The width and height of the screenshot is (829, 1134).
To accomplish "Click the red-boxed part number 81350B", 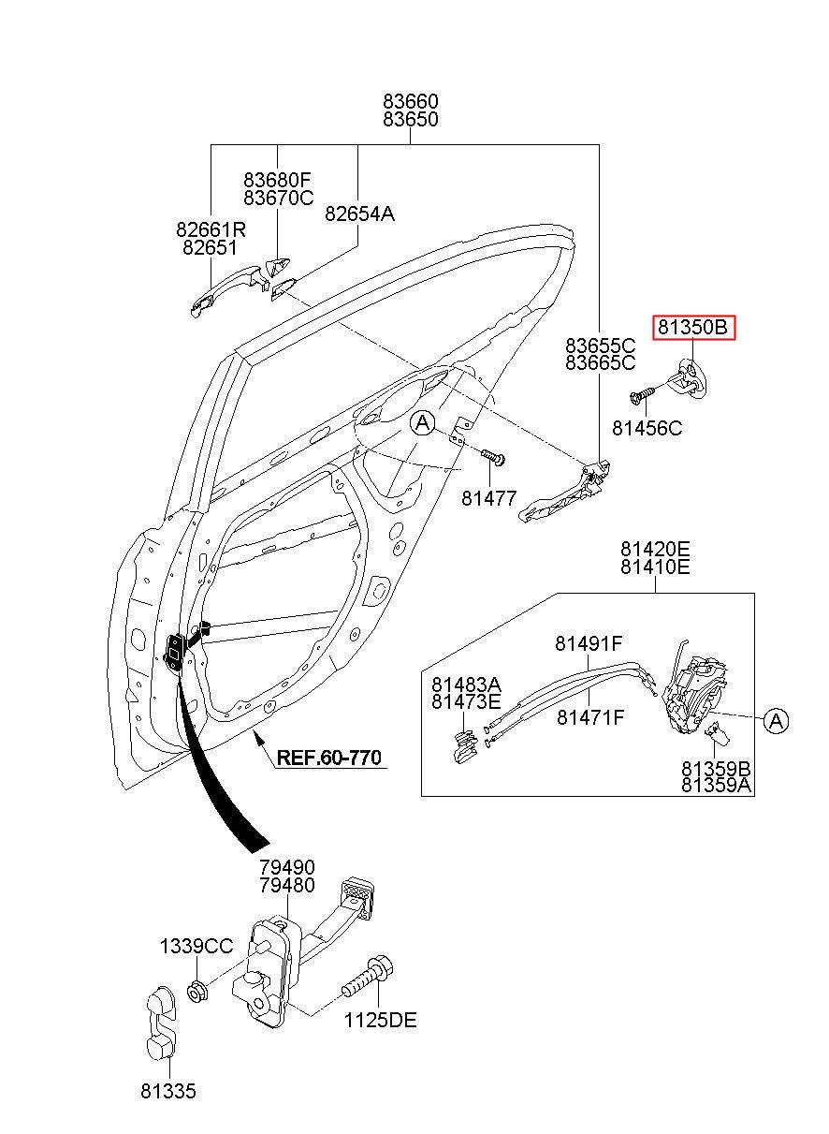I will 693,328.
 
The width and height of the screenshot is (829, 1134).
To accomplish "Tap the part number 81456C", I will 647,428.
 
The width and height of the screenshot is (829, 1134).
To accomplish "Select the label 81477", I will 488,498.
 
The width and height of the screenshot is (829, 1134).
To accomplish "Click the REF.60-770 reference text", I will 329,758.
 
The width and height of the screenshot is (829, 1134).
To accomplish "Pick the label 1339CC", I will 196,946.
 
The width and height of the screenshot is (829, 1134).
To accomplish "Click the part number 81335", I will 168,1091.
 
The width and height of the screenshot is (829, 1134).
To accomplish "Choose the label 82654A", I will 359,214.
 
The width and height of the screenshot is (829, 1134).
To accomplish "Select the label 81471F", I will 590,718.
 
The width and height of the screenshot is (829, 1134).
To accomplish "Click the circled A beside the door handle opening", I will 423,424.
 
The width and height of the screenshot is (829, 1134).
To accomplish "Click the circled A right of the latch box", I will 775,720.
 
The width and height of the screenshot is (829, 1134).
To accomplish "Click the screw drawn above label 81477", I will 493,456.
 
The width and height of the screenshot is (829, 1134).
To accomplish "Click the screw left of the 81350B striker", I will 642,396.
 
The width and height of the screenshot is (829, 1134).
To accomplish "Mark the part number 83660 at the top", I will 410,100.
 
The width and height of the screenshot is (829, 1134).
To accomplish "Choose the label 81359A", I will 716,786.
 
